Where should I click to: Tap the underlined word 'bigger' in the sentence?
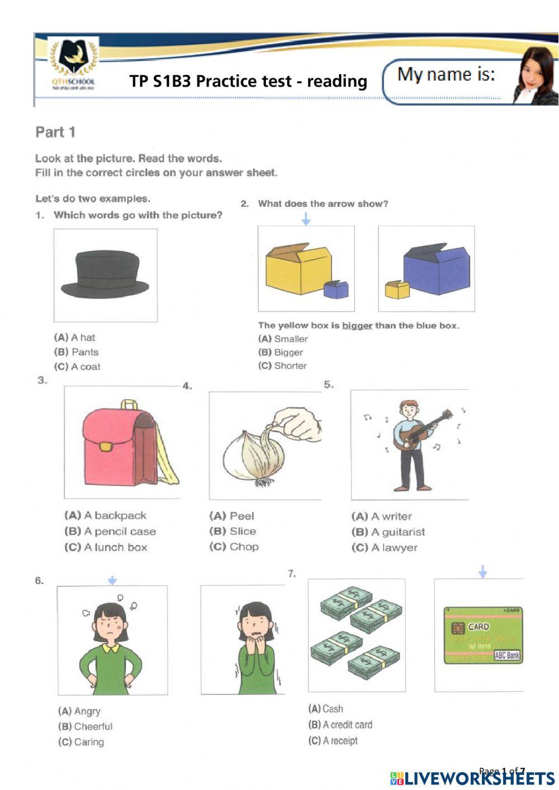click(x=357, y=325)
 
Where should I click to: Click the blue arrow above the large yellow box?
click(x=306, y=220)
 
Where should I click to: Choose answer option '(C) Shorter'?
click(x=282, y=366)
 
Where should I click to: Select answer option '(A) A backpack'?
click(x=106, y=515)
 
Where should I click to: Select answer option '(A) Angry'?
click(x=79, y=711)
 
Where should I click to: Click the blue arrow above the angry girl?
click(x=112, y=581)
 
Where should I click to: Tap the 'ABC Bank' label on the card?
click(x=507, y=655)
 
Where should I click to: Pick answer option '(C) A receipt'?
click(x=333, y=741)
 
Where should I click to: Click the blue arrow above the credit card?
click(x=483, y=571)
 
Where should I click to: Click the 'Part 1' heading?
click(x=55, y=133)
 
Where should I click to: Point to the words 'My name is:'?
click(x=446, y=75)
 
